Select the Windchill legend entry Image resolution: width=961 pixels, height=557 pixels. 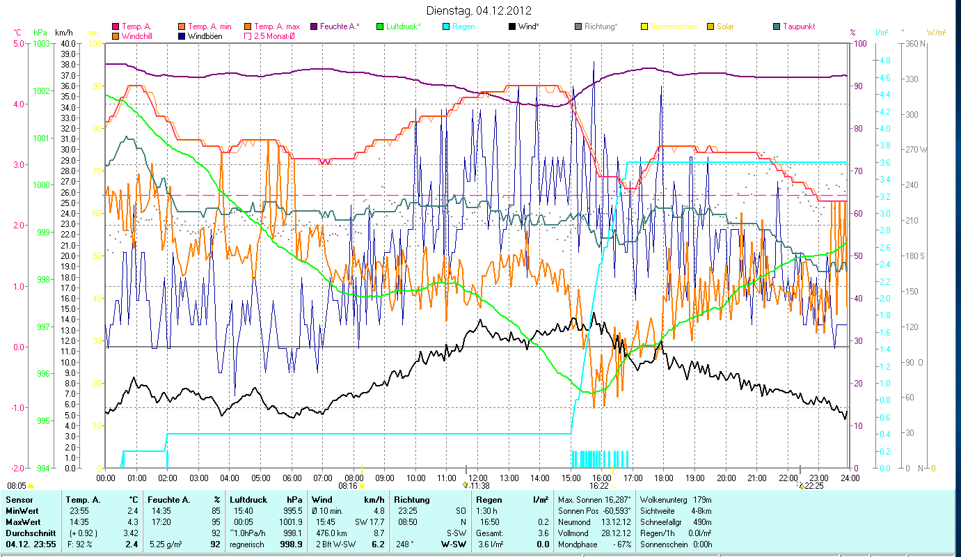[137, 36]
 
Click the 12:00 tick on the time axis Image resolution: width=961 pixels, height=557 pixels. [477, 478]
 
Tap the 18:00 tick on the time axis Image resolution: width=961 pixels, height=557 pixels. [664, 478]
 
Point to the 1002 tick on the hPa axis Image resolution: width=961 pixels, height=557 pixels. [41, 91]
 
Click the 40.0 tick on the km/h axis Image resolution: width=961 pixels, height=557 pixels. [68, 43]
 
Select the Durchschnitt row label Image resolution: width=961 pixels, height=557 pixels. [26, 533]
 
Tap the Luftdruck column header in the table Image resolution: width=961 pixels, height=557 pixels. [248, 500]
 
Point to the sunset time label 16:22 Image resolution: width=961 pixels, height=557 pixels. [599, 486]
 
